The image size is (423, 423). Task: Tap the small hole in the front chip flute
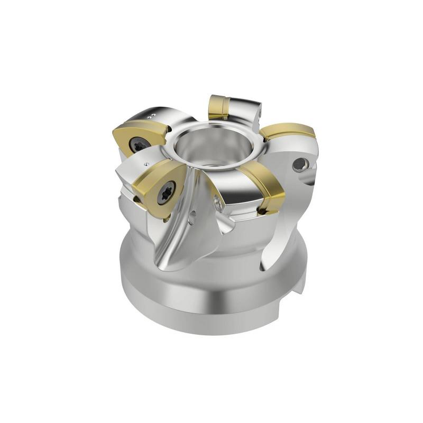[194, 215]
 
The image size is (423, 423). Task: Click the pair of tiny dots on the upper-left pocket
[152, 113]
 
